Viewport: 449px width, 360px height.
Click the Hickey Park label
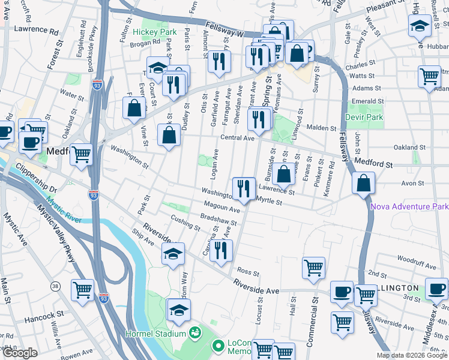(155, 32)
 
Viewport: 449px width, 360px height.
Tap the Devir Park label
(364, 117)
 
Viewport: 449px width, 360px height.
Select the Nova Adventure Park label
(410, 206)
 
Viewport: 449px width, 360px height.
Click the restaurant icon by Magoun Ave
(243, 188)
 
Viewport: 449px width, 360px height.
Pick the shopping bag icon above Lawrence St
(285, 173)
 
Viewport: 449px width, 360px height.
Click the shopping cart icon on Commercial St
(313, 268)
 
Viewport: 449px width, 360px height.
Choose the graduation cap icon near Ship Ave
(173, 254)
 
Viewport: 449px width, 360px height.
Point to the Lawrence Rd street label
(37, 29)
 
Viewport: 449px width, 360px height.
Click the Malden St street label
(322, 128)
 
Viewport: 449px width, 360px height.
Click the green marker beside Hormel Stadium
(195, 332)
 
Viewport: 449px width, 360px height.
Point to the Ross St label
(247, 271)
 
